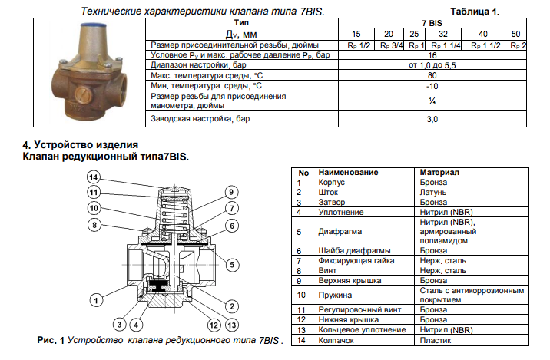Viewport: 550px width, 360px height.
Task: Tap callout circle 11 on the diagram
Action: click(x=93, y=192)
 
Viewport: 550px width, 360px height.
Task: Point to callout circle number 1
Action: click(x=97, y=299)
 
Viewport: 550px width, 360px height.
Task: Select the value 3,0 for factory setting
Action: click(x=432, y=120)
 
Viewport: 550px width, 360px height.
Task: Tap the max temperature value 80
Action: click(x=432, y=76)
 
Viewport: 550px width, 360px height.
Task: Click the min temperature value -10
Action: click(x=432, y=86)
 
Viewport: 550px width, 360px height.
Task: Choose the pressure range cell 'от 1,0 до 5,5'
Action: click(x=432, y=66)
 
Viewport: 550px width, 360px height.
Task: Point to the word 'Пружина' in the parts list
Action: click(x=335, y=294)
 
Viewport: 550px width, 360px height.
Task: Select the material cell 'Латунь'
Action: click(x=433, y=193)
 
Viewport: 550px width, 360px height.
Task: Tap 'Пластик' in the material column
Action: click(x=435, y=339)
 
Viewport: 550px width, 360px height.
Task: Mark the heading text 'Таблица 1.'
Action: click(x=475, y=12)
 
